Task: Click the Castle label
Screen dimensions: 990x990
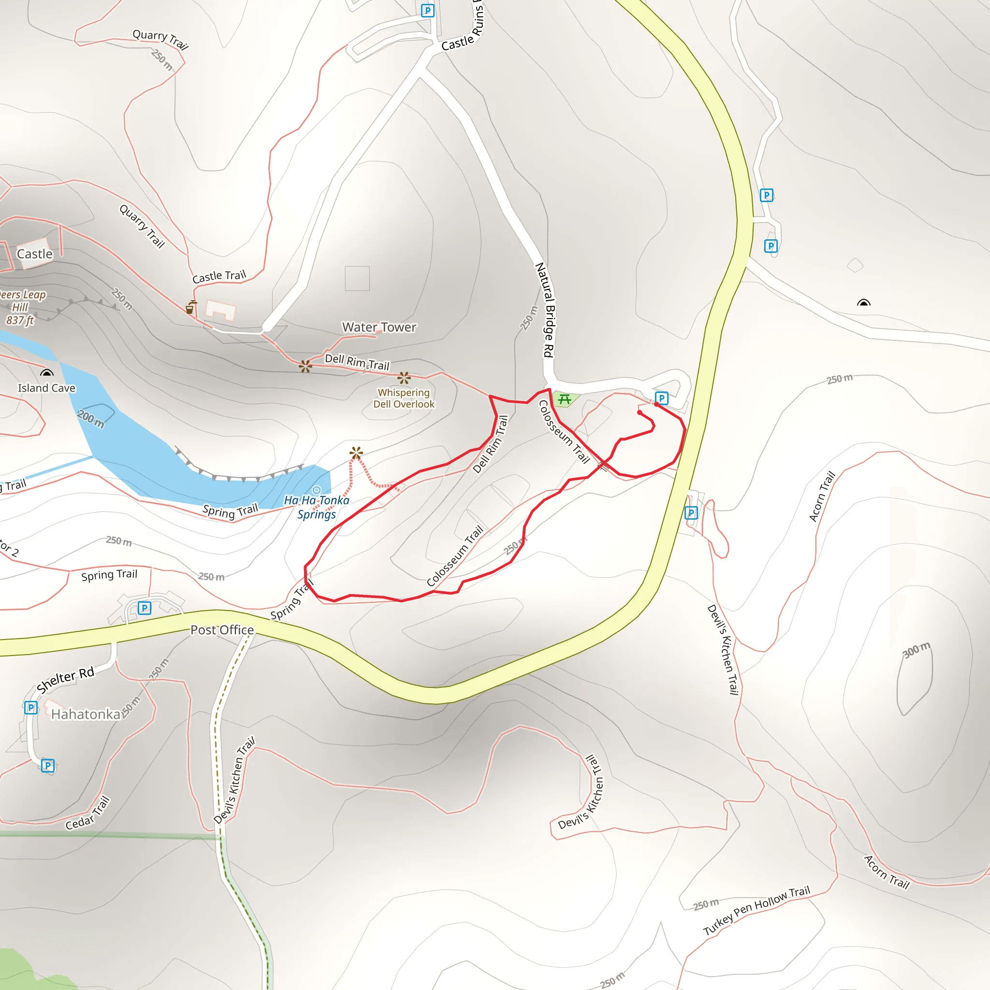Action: point(34,254)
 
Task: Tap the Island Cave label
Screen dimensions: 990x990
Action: point(46,388)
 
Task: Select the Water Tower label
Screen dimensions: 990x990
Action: point(379,327)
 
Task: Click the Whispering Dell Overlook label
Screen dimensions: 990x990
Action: point(404,398)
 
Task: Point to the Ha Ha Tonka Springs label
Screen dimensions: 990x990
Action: point(317,507)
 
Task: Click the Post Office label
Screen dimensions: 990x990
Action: point(222,630)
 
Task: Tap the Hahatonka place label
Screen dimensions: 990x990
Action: point(86,714)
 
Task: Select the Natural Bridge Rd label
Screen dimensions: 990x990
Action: point(545,310)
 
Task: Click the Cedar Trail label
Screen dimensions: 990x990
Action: point(87,813)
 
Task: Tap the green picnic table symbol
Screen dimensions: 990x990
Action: point(565,399)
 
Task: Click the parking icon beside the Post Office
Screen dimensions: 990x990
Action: point(145,608)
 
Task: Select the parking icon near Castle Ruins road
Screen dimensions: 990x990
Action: point(427,10)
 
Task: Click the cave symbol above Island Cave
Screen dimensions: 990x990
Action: point(46,373)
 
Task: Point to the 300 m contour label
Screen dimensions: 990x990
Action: point(916,650)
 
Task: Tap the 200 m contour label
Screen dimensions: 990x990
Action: point(91,419)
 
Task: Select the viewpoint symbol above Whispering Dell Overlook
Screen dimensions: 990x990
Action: point(404,378)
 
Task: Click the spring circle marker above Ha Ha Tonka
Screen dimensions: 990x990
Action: point(317,490)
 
